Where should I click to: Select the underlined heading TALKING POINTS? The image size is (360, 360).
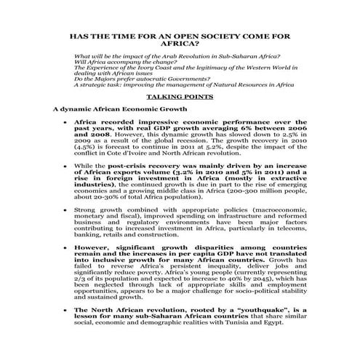click(180, 95)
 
